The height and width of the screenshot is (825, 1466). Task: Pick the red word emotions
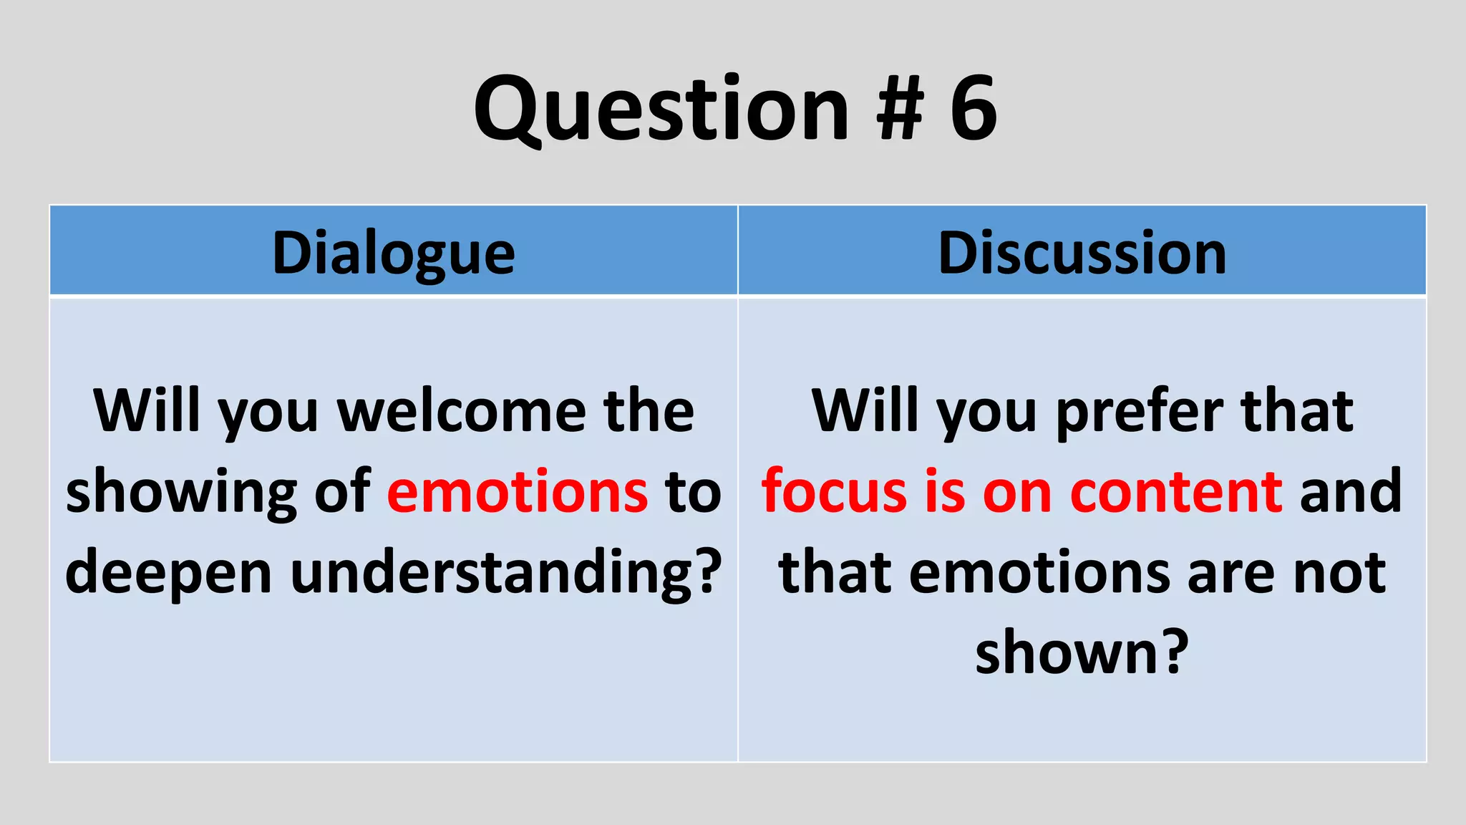click(518, 492)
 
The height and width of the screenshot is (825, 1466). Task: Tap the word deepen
click(168, 573)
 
